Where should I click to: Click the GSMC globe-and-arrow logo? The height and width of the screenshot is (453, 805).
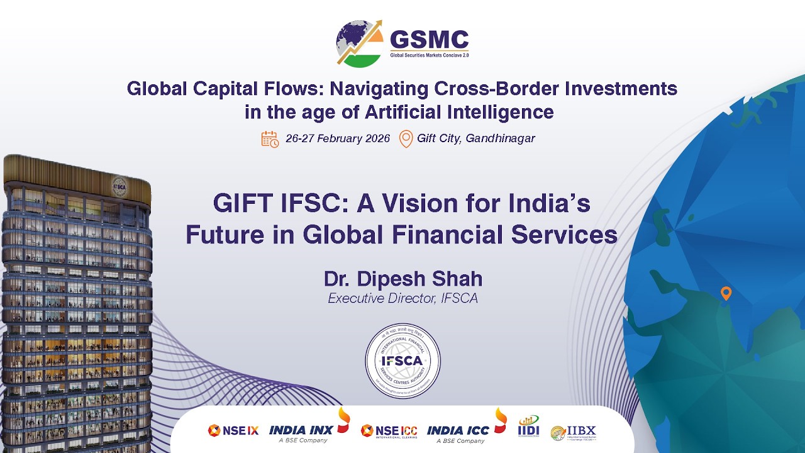pyautogui.click(x=359, y=43)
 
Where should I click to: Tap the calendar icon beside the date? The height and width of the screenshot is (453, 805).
pyautogui.click(x=270, y=139)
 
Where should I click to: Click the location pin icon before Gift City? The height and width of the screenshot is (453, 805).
pyautogui.click(x=406, y=138)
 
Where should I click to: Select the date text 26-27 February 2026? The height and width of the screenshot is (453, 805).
pyautogui.click(x=338, y=138)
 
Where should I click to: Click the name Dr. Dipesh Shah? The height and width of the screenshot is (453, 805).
pyautogui.click(x=402, y=278)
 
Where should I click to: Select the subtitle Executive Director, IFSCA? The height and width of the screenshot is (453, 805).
pyautogui.click(x=402, y=298)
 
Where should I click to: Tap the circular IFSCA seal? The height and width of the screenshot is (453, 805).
pyautogui.click(x=402, y=361)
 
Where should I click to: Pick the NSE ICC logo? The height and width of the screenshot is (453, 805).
pyautogui.click(x=389, y=430)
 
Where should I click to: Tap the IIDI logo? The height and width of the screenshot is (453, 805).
pyautogui.click(x=528, y=427)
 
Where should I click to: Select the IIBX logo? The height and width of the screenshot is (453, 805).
pyautogui.click(x=573, y=432)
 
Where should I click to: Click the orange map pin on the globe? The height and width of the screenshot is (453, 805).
pyautogui.click(x=726, y=293)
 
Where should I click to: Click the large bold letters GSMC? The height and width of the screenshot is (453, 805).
pyautogui.click(x=430, y=40)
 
